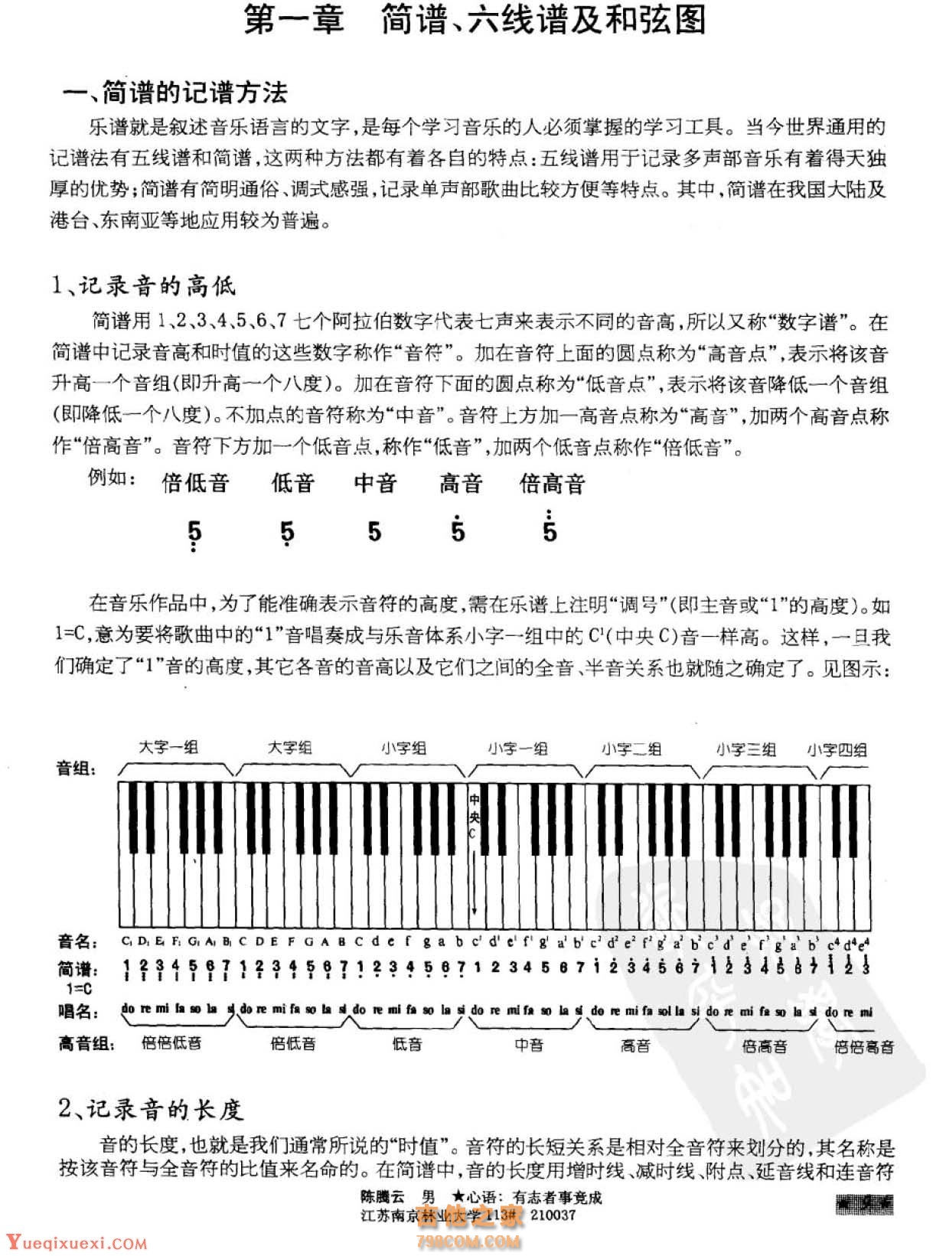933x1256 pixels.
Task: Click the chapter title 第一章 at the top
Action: (x=293, y=21)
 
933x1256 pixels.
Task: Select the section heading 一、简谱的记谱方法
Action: (x=175, y=93)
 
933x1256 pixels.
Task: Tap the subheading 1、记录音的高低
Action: (x=143, y=285)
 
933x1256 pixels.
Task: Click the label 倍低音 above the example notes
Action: (x=195, y=483)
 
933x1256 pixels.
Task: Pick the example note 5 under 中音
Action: (x=374, y=531)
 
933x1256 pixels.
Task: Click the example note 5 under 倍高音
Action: (x=550, y=530)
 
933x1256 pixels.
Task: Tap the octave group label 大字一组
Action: (x=168, y=747)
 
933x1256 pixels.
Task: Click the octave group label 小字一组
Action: (x=518, y=749)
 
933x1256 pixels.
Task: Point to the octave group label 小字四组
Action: (x=837, y=750)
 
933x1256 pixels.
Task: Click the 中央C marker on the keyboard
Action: (x=475, y=816)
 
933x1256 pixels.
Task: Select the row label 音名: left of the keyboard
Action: (x=77, y=941)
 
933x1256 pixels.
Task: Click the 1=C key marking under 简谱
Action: (x=74, y=988)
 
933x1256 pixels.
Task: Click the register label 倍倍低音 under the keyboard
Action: (x=171, y=1042)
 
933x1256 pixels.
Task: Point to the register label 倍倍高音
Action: (x=863, y=1046)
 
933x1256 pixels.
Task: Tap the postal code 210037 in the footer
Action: (x=553, y=1215)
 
